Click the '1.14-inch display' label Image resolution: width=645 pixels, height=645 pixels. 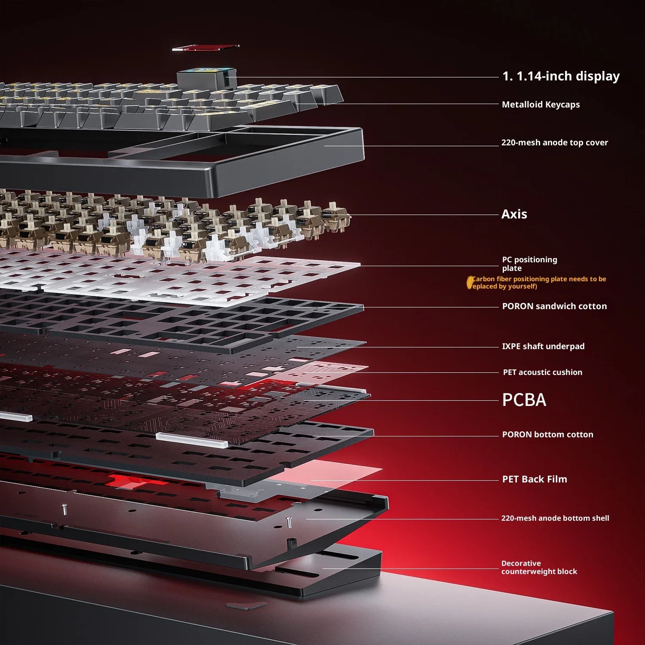561,76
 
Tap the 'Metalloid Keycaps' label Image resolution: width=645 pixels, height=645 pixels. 541,104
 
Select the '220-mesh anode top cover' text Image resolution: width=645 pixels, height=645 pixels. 554,142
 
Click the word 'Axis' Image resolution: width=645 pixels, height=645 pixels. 514,214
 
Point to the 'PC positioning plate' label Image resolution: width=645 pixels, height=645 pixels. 529,264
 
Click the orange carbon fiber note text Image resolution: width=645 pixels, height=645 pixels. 537,283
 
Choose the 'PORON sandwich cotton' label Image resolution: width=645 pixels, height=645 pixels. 554,306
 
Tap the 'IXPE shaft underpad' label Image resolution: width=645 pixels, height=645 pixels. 543,346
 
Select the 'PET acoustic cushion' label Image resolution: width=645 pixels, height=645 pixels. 542,372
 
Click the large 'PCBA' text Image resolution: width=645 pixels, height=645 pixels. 524,400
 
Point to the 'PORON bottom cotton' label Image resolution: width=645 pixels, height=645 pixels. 547,434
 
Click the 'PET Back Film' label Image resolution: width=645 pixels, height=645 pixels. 534,479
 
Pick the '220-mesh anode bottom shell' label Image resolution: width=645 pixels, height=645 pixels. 555,518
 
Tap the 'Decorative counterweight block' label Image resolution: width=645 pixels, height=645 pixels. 539,567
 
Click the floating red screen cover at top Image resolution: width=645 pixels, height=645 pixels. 206,47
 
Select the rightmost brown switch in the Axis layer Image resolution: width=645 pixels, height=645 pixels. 336,217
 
